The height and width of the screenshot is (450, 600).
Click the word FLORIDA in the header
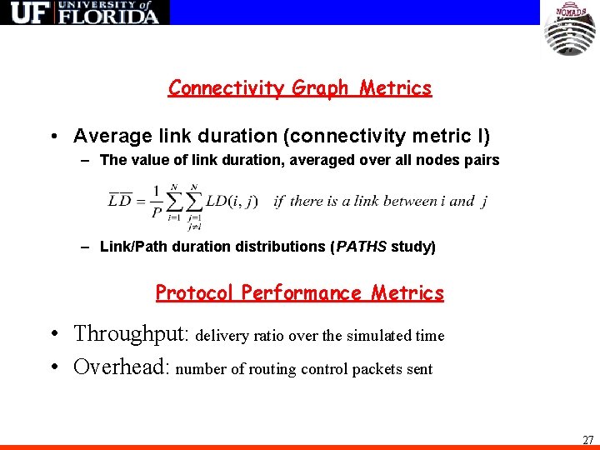pos(108,16)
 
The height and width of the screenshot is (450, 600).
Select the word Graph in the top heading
pos(320,88)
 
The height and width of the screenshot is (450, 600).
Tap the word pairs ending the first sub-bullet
pos(482,160)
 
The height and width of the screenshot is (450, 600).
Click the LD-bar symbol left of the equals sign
pos(121,200)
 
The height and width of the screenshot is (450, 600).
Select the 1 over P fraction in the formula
pos(157,201)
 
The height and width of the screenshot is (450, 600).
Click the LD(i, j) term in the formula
pos(232,201)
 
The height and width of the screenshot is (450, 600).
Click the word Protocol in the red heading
pos(195,293)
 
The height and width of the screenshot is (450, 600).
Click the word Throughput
pos(132,335)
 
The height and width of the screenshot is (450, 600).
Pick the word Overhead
pos(122,367)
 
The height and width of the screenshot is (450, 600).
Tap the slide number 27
pos(587,439)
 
